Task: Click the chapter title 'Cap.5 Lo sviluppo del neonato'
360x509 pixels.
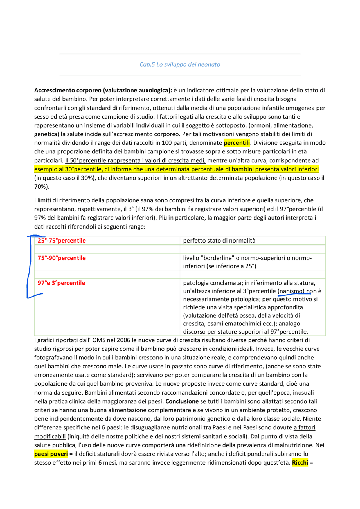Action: (180, 64)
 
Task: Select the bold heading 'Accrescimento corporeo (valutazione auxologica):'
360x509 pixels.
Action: (103, 90)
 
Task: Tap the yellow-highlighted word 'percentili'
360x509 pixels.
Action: (237, 143)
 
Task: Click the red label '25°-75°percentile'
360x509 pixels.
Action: (62, 241)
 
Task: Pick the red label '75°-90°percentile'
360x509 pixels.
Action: (62, 258)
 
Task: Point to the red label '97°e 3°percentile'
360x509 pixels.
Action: (61, 283)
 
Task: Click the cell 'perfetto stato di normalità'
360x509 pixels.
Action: (219, 241)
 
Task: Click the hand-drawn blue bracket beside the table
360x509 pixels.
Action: (28, 267)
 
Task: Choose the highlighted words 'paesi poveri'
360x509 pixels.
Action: (51, 454)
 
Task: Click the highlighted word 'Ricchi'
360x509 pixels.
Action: (300, 463)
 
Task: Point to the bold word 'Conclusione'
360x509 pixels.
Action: (182, 401)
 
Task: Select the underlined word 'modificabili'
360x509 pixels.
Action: (50, 436)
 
